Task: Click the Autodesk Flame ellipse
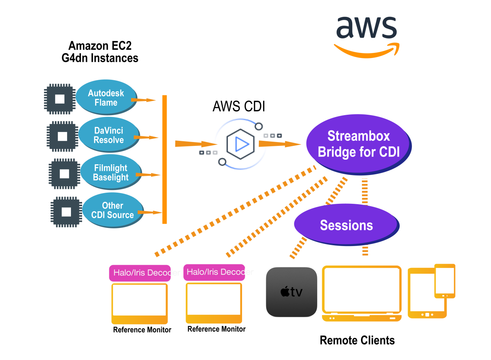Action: coord(106,97)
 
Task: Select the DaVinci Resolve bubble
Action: coord(109,135)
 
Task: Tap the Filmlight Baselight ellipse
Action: coord(110,172)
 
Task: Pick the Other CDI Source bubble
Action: coord(112,210)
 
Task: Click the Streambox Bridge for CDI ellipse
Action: coord(358,144)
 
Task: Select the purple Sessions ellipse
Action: coord(346,225)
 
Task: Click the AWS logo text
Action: coord(366,28)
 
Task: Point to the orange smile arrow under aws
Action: coord(366,52)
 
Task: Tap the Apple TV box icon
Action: coord(292,292)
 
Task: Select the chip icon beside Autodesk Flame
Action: coord(59,99)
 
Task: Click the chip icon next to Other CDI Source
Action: coord(66,212)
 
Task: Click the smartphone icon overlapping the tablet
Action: coord(445,281)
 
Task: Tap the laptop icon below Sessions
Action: coord(362,293)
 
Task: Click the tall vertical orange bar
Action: coord(165,159)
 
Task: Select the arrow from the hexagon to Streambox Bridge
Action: coord(279,144)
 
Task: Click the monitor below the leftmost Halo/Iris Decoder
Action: coord(140,303)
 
